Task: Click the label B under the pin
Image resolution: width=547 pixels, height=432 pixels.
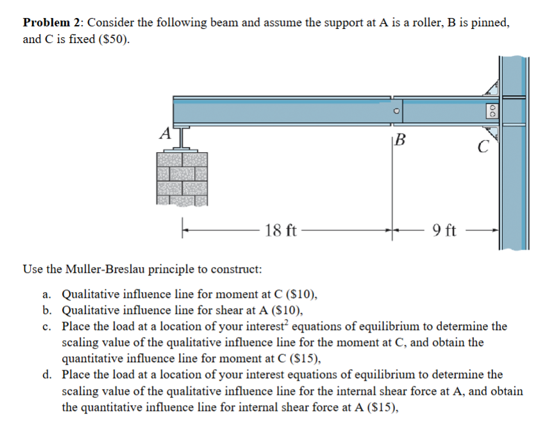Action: pos(401,139)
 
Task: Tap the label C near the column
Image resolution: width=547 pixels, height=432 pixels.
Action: pos(482,148)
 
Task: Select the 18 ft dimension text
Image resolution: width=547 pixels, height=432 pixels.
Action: pos(280,230)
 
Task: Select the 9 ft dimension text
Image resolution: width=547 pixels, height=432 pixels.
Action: pos(444,230)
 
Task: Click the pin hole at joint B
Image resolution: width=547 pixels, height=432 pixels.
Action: pos(398,110)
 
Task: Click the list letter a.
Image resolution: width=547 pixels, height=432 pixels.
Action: pos(46,295)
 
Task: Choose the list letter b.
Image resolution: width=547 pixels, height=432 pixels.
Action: pos(46,311)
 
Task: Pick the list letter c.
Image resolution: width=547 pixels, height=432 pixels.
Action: pos(46,326)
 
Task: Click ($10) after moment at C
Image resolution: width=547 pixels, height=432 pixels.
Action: pos(300,295)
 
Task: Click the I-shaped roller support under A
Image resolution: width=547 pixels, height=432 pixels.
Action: pos(181,140)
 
